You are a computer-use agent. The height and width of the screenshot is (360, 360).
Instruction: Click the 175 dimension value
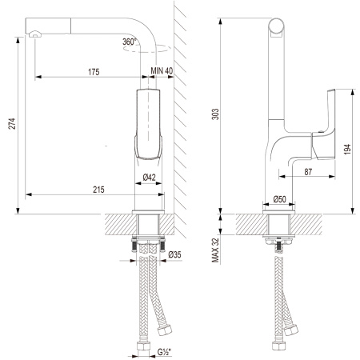93,72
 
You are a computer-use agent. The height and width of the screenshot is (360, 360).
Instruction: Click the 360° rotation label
131,42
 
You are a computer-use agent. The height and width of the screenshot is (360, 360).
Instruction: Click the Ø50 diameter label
279,198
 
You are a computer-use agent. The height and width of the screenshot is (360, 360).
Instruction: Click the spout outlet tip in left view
33,35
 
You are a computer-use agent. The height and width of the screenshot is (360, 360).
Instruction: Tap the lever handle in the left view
150,124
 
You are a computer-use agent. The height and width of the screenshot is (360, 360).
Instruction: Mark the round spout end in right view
276,29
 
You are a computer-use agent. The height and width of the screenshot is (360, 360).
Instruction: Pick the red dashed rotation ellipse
141,48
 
